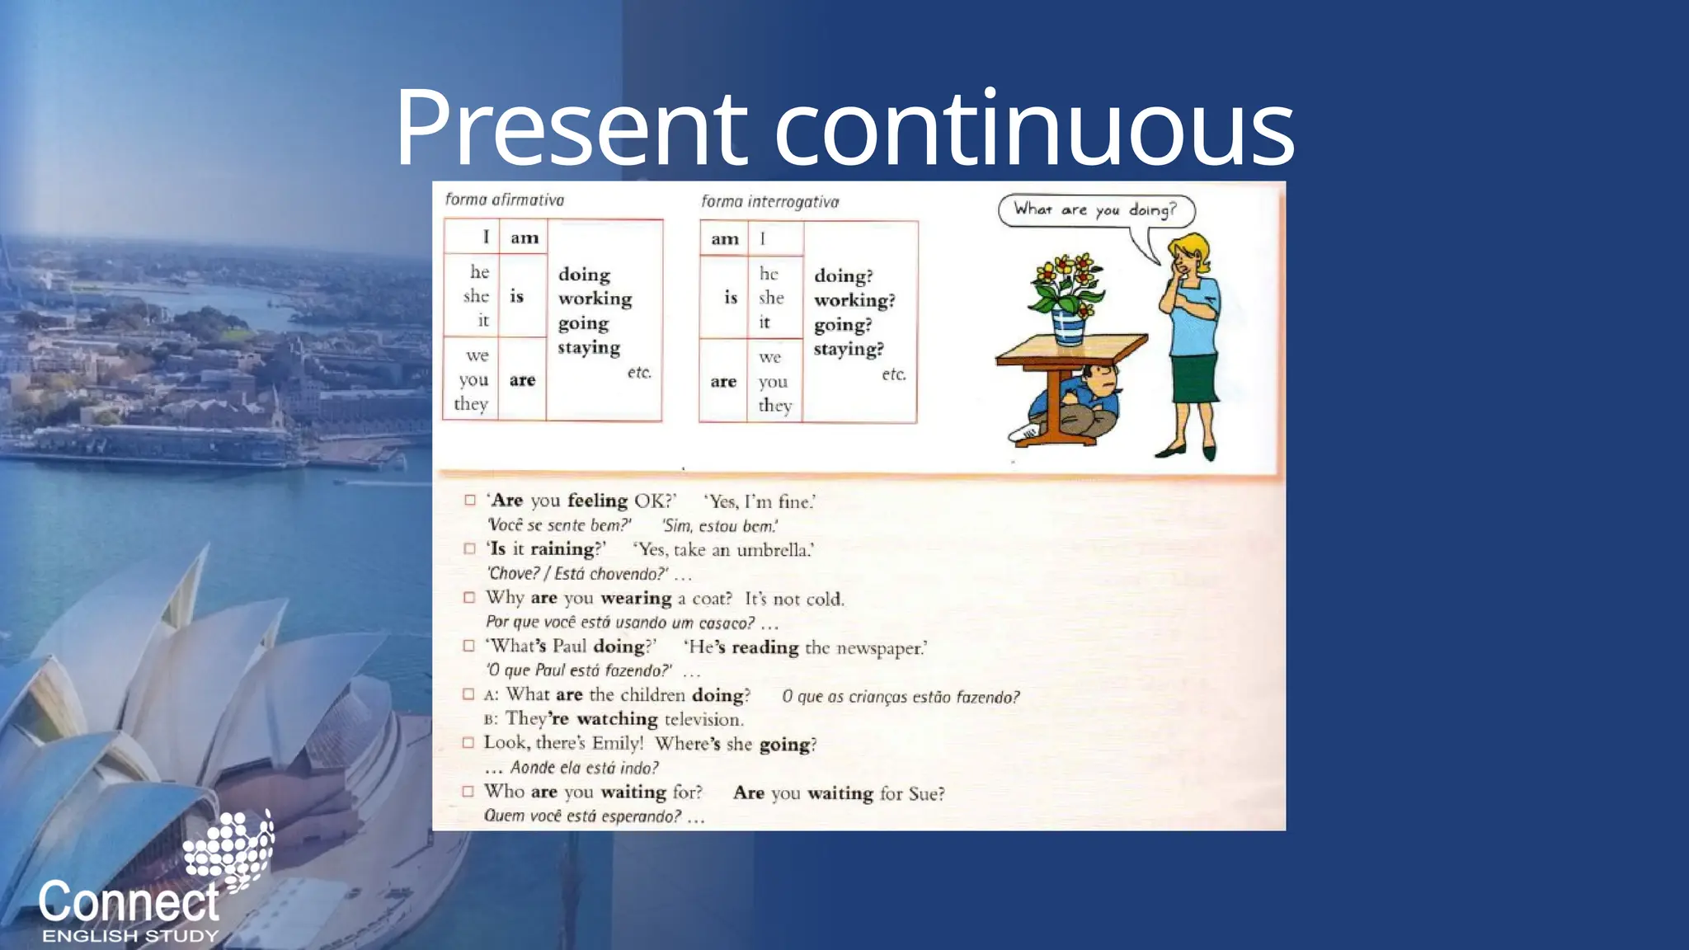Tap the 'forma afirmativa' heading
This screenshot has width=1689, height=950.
[x=505, y=200]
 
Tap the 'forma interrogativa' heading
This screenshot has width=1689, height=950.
[x=769, y=202]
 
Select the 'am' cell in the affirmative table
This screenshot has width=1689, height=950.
[x=524, y=238]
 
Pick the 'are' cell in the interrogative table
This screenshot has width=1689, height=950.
[x=723, y=382]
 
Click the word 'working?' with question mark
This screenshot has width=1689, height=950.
[x=854, y=300]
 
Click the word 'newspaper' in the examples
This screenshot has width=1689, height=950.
[x=880, y=648]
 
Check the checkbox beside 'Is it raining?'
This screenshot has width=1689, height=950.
[x=469, y=548]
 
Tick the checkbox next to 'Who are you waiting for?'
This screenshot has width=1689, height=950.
[x=468, y=792]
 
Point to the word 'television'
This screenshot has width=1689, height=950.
[x=703, y=720]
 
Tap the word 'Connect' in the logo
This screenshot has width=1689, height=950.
[x=129, y=902]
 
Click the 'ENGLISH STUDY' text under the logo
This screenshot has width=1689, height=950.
[x=130, y=936]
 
